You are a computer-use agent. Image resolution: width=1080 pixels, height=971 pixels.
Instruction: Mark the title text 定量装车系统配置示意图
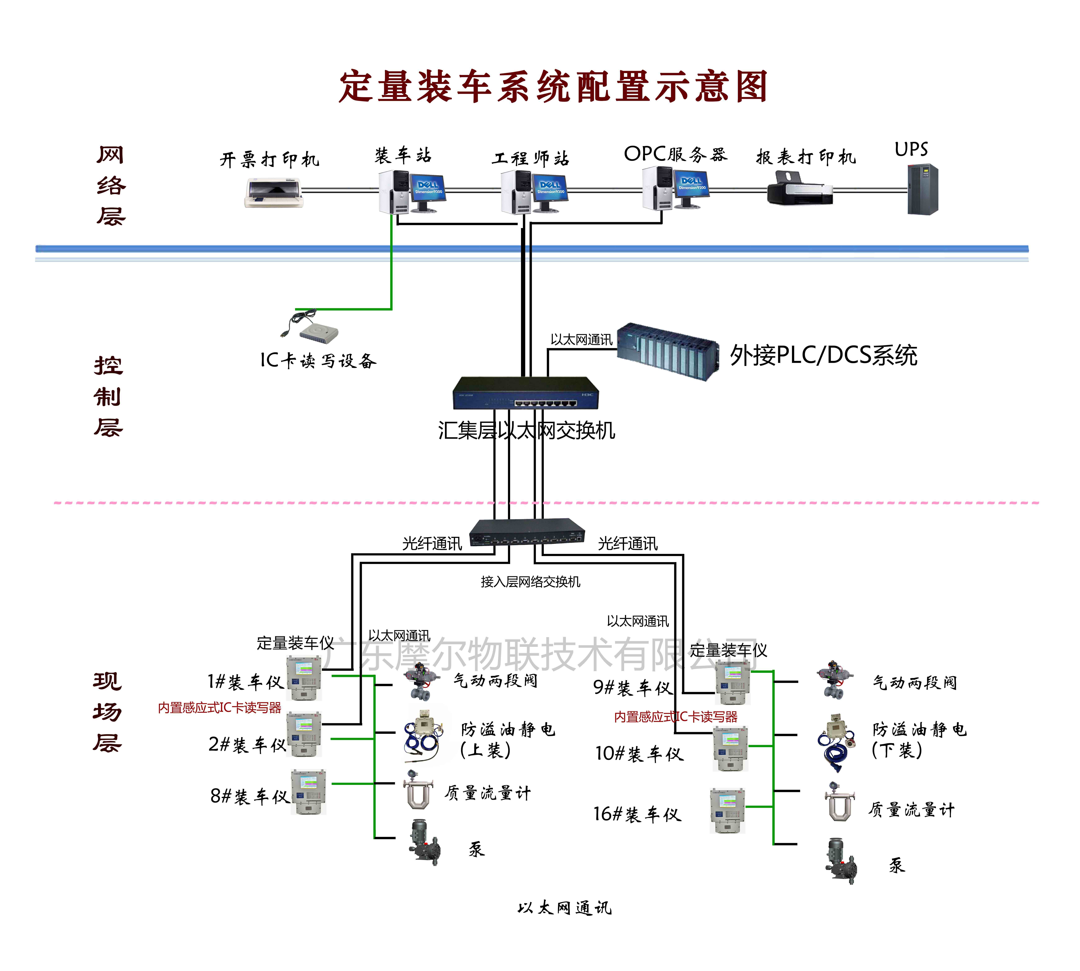pyautogui.click(x=553, y=86)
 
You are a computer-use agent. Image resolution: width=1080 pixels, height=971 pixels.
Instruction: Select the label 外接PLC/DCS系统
pyautogui.click(x=823, y=355)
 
